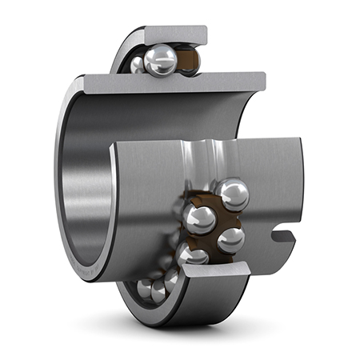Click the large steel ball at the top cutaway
click(162, 59)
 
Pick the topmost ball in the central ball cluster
click(233, 194)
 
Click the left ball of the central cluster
click(199, 218)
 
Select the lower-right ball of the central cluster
click(230, 238)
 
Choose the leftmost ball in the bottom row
click(144, 288)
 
